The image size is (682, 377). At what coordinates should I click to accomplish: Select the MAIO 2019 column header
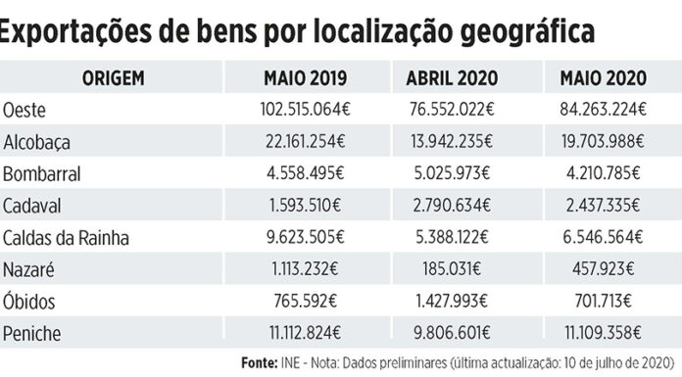[x=302, y=77]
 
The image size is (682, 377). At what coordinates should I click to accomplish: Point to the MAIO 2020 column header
[x=601, y=77]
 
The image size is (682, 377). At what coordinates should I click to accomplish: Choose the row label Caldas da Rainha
[x=66, y=238]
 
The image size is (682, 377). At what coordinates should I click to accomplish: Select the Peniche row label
[x=33, y=334]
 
